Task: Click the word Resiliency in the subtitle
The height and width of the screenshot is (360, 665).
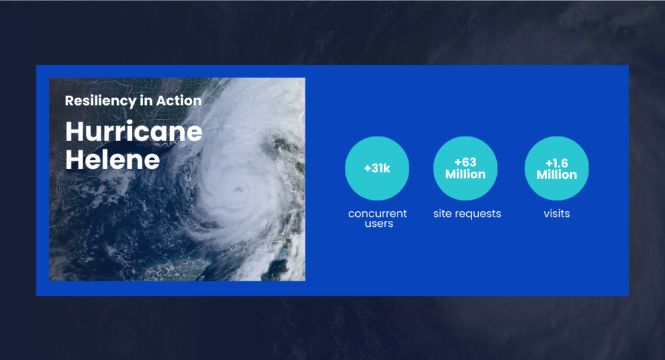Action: (101, 101)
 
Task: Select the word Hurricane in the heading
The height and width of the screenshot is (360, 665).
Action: (134, 132)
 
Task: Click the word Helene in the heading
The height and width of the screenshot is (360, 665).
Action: (112, 160)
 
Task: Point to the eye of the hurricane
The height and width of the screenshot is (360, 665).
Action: (239, 188)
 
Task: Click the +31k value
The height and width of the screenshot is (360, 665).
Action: (377, 168)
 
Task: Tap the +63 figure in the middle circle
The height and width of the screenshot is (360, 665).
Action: (465, 162)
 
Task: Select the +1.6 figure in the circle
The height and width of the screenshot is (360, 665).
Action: (557, 163)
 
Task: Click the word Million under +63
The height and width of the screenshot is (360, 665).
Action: (465, 174)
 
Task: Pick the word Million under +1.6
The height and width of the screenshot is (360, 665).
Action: (557, 175)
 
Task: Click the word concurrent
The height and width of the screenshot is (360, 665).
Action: (377, 214)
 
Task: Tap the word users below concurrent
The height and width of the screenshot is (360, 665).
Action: (379, 224)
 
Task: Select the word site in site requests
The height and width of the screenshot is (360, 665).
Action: (442, 214)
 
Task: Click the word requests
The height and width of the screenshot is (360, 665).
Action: (477, 214)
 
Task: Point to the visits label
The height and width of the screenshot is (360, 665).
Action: (557, 214)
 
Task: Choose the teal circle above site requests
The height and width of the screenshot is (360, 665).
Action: (465, 168)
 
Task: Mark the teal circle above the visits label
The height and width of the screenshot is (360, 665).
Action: (557, 168)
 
